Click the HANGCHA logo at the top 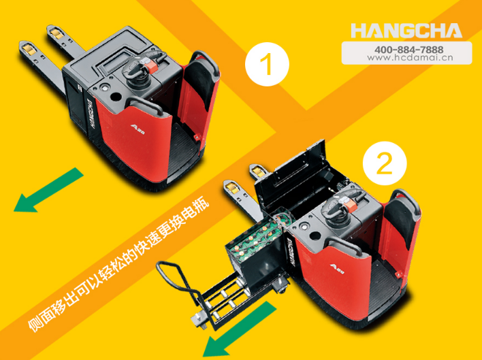click(x=406, y=31)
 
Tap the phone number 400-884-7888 click(x=409, y=50)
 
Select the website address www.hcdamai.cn click(x=410, y=58)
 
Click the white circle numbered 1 click(x=267, y=64)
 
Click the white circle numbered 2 click(x=385, y=163)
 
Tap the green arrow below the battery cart click(x=240, y=329)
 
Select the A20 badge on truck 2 click(x=337, y=268)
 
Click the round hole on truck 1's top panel click(x=116, y=97)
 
